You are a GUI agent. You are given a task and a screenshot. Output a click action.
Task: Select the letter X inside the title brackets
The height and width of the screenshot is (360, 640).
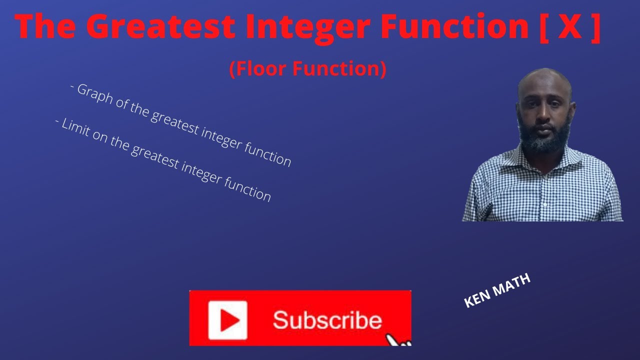pos(569,27)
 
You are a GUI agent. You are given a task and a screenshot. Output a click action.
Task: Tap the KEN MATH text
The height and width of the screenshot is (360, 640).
pos(497,291)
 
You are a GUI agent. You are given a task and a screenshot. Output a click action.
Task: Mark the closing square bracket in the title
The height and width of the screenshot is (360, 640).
pos(595,28)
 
